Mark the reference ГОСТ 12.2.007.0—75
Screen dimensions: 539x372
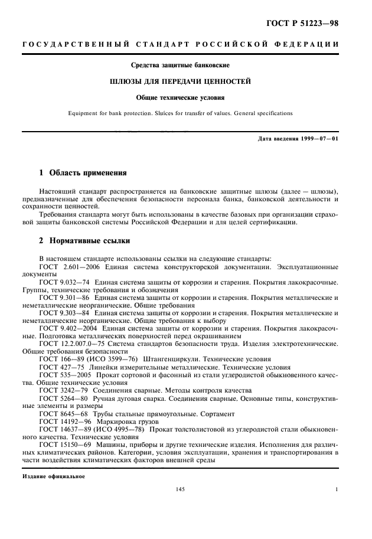pyautogui.click(x=74, y=343)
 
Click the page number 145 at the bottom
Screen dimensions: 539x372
pyautogui.click(x=180, y=489)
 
